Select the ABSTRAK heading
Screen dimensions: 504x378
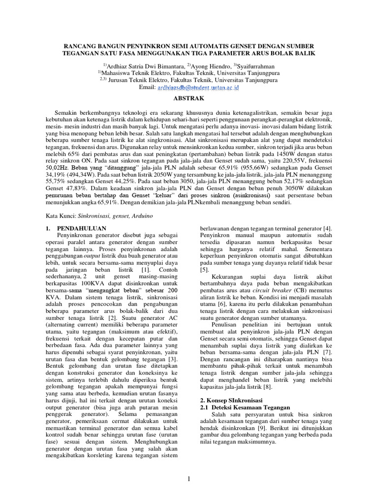point(189,97)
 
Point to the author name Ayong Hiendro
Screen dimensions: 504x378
point(201,66)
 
